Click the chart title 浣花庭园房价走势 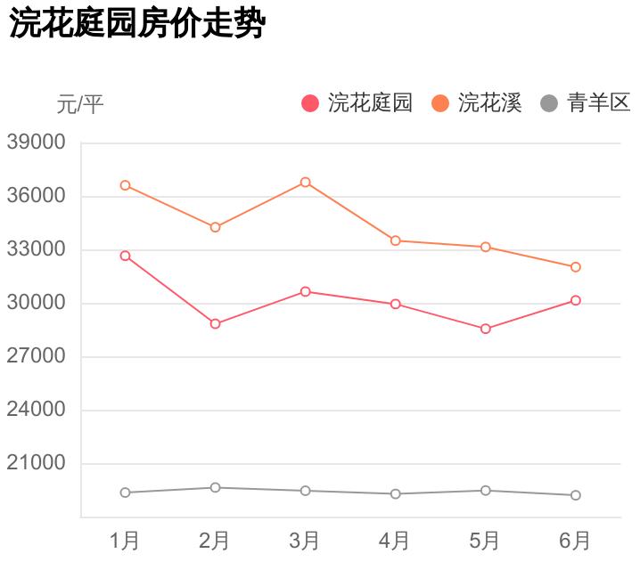point(137,24)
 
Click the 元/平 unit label point(80,104)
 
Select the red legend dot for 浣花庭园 point(310,103)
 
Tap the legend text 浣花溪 point(489,103)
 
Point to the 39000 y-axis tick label point(36,142)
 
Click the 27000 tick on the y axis point(36,356)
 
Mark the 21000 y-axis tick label point(36,463)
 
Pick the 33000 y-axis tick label point(36,249)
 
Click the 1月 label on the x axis point(125,541)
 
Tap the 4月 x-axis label point(395,541)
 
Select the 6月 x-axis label point(575,541)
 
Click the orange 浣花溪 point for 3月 point(306,182)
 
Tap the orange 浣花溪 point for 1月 point(126,185)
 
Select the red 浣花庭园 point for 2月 point(216,323)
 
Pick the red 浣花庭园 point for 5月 point(486,329)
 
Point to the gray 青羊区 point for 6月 point(576,495)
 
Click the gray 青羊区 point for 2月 point(216,487)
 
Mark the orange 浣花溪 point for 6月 point(576,267)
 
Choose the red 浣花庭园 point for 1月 point(126,256)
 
